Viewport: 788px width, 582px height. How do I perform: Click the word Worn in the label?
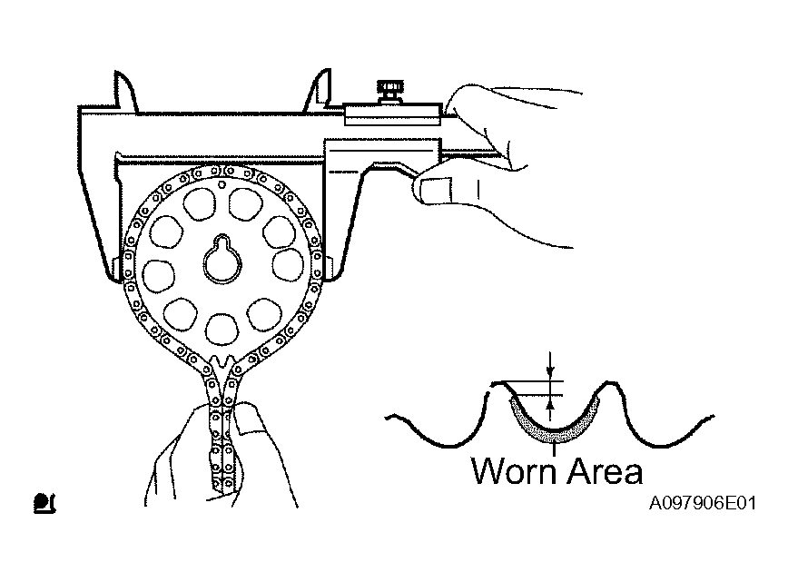(515, 471)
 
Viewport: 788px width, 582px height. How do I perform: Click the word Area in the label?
(606, 471)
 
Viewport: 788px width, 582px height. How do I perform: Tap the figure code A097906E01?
(703, 503)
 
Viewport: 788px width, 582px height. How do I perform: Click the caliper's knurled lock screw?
(390, 91)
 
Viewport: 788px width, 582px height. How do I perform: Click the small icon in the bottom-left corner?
(44, 503)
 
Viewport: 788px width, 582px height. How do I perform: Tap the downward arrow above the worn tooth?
(551, 365)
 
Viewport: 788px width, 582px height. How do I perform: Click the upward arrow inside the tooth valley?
(551, 408)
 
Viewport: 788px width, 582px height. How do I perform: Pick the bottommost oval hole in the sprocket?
(222, 330)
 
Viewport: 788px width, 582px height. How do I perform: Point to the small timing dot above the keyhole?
(222, 184)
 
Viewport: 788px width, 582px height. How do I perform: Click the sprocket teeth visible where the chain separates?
(222, 361)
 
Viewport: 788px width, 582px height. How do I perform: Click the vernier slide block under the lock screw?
(393, 114)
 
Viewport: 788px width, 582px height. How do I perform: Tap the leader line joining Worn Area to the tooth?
(554, 449)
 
